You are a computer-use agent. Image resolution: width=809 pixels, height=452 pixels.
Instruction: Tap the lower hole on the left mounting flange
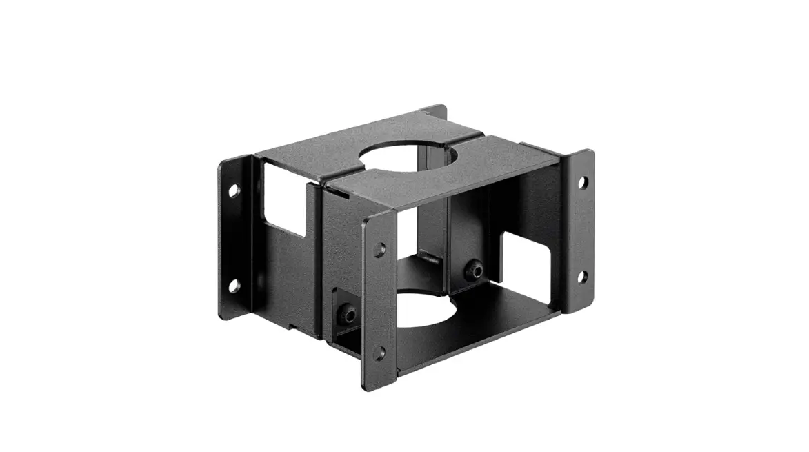[234, 285]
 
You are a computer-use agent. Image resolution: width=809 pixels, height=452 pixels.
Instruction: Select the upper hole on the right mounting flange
[582, 182]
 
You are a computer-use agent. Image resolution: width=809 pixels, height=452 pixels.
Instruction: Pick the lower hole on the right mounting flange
[581, 277]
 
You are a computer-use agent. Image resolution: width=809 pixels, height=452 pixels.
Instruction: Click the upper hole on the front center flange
[379, 250]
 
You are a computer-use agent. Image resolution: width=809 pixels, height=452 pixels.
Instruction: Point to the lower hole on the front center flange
[379, 353]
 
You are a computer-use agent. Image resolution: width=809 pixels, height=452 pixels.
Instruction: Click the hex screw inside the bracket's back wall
[475, 271]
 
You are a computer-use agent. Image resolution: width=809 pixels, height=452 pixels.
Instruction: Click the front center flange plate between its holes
[379, 300]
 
